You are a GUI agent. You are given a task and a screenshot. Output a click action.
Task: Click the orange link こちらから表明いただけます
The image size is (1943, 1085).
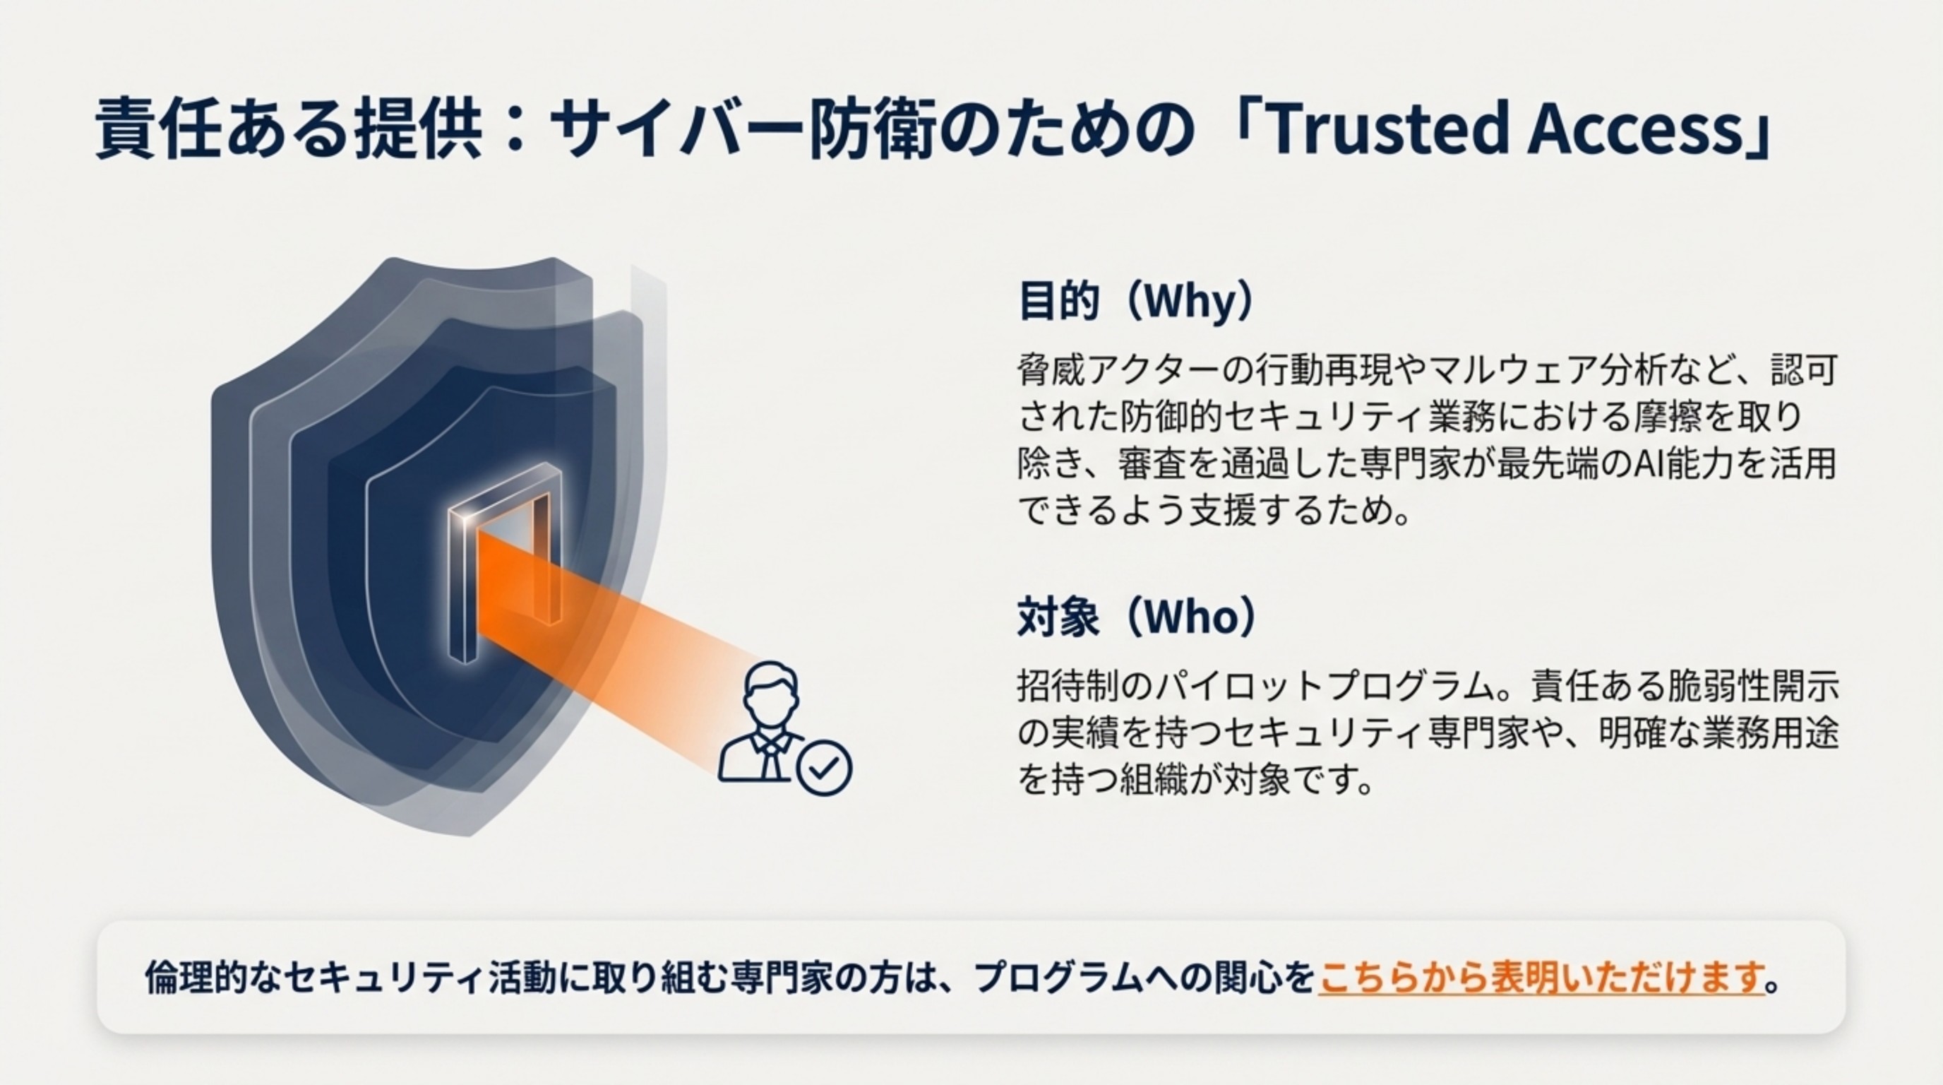1542,978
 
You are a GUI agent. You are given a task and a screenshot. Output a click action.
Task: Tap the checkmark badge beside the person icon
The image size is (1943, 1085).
825,768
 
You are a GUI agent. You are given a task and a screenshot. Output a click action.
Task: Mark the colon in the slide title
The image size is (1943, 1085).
516,129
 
